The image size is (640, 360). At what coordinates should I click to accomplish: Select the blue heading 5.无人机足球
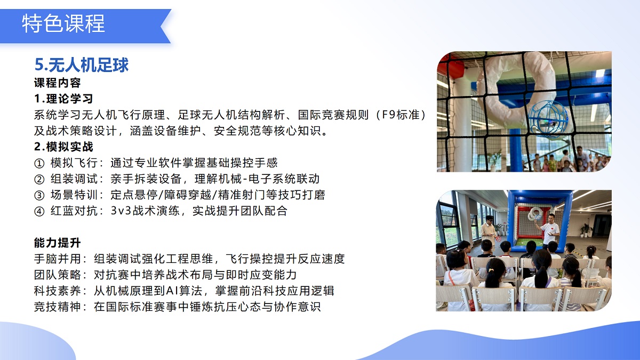point(82,65)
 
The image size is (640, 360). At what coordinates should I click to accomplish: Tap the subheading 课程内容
point(57,83)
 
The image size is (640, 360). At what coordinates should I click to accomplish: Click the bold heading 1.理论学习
point(63,99)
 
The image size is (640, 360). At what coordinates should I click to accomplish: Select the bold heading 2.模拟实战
point(63,147)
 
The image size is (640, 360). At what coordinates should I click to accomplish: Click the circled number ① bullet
point(39,163)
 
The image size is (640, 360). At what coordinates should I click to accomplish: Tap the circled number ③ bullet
point(39,195)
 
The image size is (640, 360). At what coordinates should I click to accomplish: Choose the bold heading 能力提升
point(57,243)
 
